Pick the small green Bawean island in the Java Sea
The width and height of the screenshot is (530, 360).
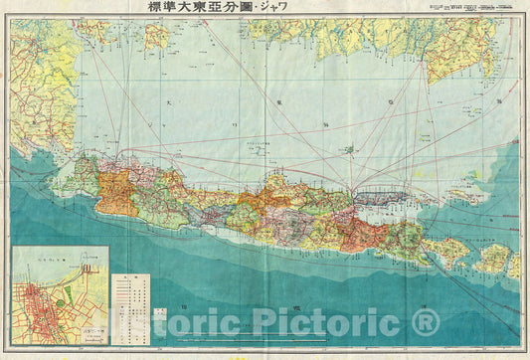click(349, 149)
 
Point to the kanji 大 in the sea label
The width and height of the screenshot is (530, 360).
click(170, 102)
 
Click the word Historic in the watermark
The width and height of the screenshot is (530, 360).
click(168, 324)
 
